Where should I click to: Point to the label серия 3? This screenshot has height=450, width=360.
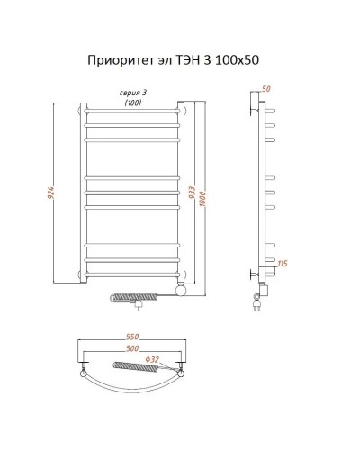point(134,92)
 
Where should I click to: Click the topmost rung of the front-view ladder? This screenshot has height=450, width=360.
point(133,113)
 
